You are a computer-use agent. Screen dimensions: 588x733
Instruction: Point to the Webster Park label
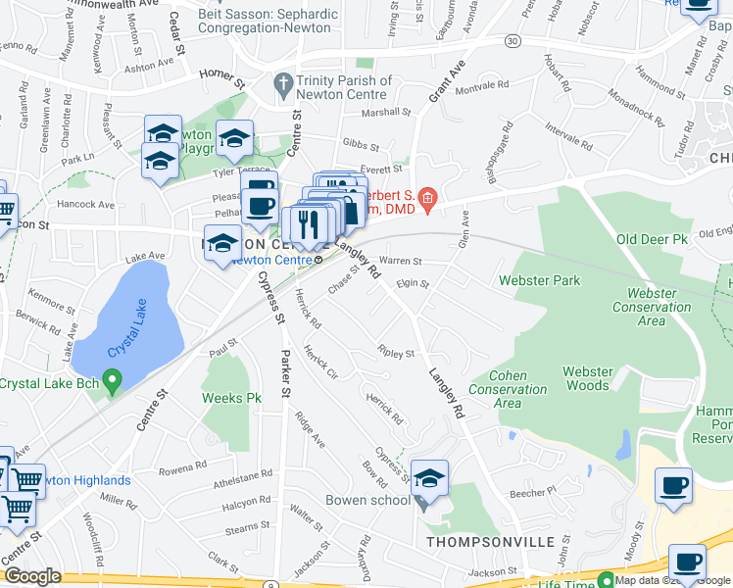[x=539, y=280]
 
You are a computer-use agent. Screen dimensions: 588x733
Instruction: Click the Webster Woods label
[x=588, y=378]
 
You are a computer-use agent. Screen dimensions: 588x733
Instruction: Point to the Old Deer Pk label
[x=655, y=239]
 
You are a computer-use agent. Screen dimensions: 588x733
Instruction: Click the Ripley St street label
[x=396, y=352]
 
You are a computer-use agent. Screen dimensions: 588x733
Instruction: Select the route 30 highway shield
[x=513, y=41]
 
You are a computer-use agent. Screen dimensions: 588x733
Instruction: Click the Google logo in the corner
[x=32, y=576]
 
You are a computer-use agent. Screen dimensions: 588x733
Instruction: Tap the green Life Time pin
[x=606, y=579]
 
